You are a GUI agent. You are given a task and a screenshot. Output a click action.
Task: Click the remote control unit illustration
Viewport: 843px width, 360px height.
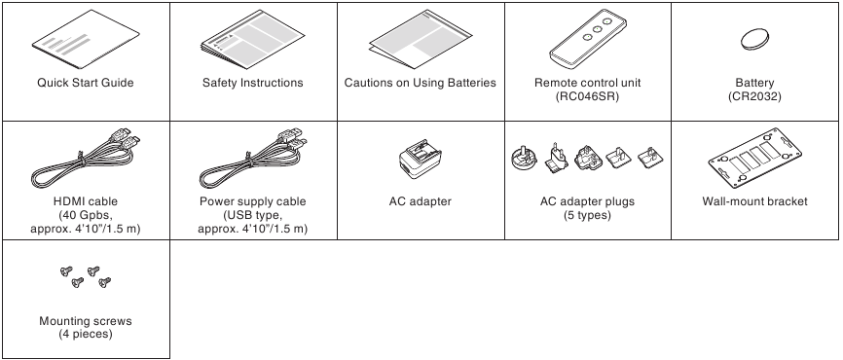[x=587, y=38]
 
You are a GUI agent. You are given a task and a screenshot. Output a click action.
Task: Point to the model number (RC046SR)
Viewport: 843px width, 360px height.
[x=587, y=96]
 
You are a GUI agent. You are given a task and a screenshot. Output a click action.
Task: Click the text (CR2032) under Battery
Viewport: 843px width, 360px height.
[x=754, y=96]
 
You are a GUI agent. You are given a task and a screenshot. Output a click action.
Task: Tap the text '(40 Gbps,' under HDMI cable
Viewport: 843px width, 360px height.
[x=85, y=215]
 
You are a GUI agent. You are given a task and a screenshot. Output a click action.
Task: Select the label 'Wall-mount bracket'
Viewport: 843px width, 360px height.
[x=754, y=201]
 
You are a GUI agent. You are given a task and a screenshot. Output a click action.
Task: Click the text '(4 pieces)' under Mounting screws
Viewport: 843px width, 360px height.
[x=85, y=334]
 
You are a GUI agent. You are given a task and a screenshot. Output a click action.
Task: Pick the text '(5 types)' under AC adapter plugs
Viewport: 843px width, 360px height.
[x=587, y=215]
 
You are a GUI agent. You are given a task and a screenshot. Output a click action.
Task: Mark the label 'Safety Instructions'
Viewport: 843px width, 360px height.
[x=252, y=83]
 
